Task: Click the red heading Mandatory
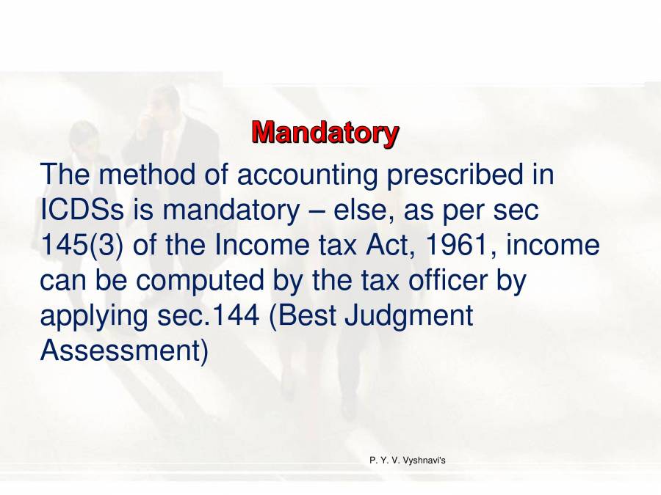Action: pos(325,133)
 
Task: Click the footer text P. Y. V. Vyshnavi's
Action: pos(407,460)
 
